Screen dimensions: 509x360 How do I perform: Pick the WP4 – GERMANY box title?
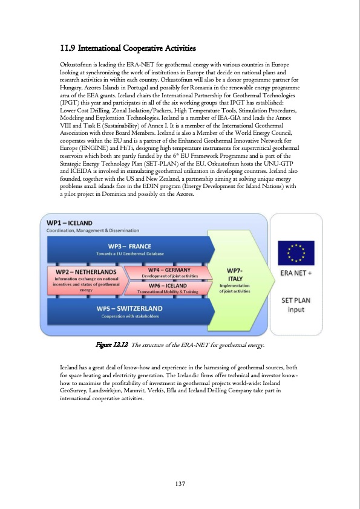coord(170,269)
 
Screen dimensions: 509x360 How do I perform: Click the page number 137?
coord(179,483)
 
